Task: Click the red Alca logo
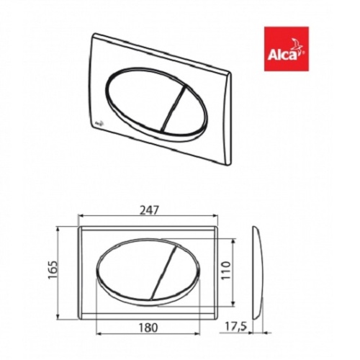pos(286,48)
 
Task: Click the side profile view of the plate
pos(258,269)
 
